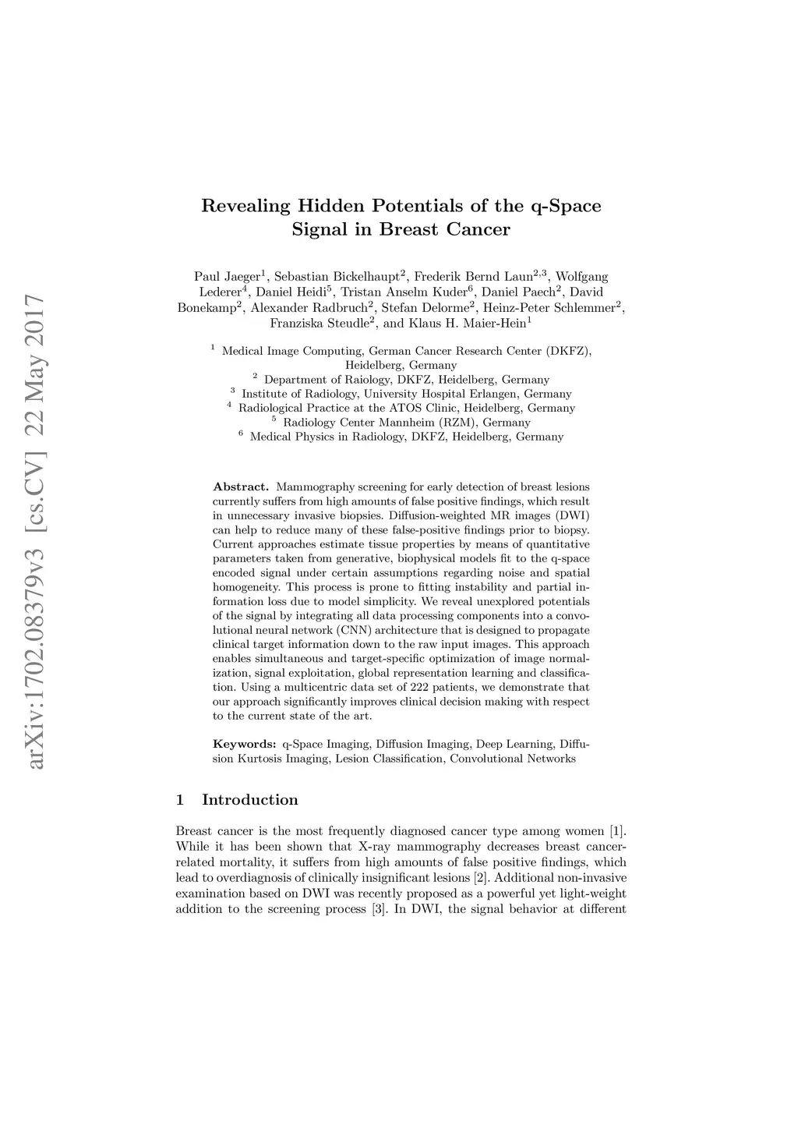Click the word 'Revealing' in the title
pos(246,207)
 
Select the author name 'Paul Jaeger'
pos(227,277)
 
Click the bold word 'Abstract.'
pos(240,487)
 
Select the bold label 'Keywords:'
pos(244,744)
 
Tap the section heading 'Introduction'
pos(249,800)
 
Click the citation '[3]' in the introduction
pos(378,909)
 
